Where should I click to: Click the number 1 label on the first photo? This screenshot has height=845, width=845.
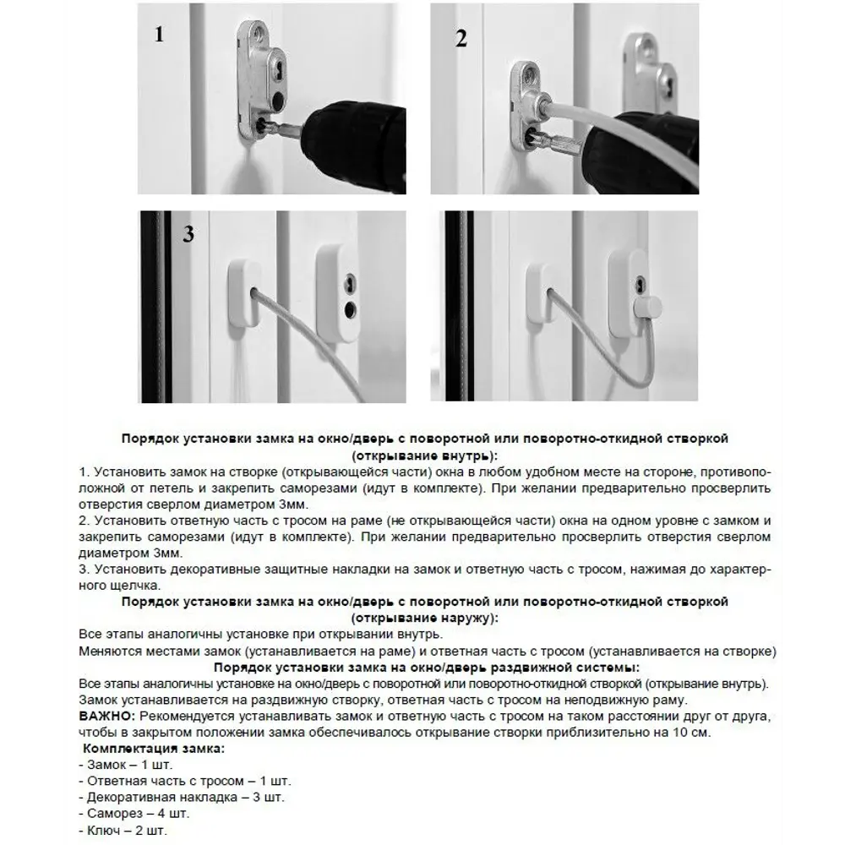[158, 35]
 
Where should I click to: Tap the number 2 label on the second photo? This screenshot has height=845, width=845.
[461, 39]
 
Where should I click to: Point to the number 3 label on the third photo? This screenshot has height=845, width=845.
[188, 234]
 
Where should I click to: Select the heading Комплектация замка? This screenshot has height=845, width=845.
[153, 748]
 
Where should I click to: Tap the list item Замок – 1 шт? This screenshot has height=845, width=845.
[123, 764]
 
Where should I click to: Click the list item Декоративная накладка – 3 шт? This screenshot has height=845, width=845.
[181, 796]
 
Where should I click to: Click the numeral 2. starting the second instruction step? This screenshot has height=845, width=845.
[83, 520]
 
